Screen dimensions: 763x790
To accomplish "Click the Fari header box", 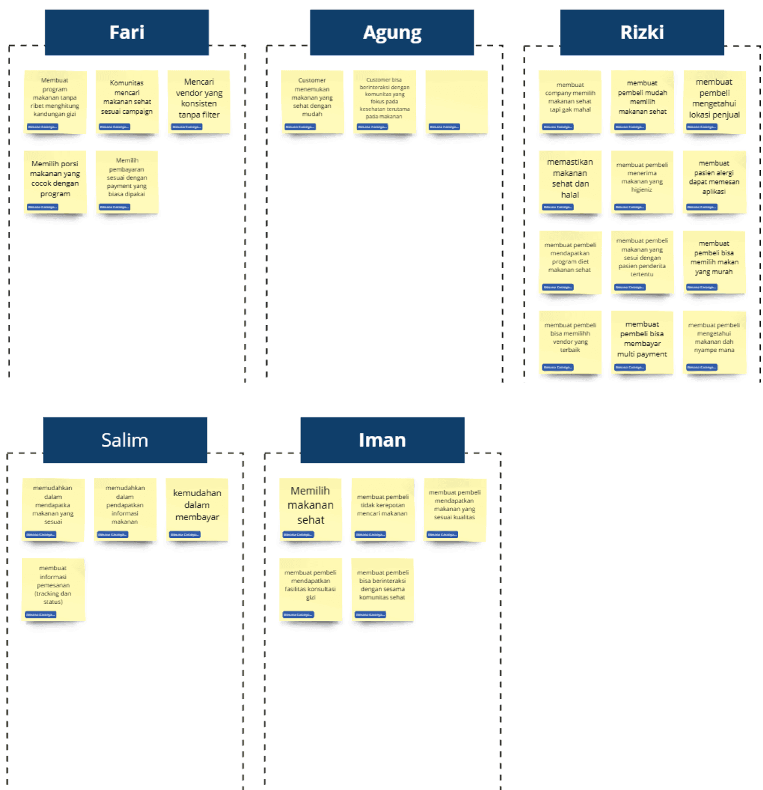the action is [x=126, y=32].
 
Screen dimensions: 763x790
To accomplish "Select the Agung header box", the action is [x=392, y=32].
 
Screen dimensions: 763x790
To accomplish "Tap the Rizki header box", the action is [x=642, y=32].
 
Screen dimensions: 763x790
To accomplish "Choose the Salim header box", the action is [x=125, y=440].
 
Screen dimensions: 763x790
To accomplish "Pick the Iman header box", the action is [x=382, y=440].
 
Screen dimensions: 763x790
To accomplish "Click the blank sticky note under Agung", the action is [x=457, y=99].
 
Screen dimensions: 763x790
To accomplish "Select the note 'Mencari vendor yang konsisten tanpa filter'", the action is [x=199, y=99].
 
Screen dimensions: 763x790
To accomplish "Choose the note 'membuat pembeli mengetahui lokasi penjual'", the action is [x=714, y=99].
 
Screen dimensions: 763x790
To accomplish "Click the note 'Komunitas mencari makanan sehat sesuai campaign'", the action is [x=127, y=99].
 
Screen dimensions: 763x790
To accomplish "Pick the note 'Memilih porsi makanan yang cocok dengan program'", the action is [x=55, y=180].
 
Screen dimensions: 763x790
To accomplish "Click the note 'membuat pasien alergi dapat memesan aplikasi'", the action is [x=714, y=180].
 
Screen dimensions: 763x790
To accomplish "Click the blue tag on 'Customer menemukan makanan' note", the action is [x=300, y=127].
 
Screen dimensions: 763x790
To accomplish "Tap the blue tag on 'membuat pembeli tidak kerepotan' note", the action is [x=370, y=535].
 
